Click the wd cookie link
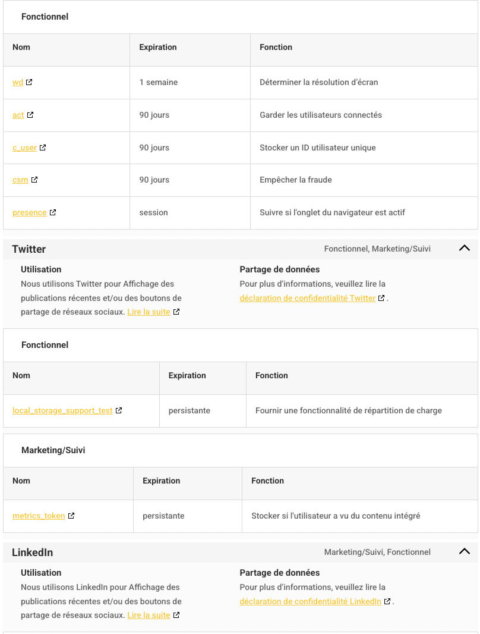pyautogui.click(x=18, y=82)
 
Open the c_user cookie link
pyautogui.click(x=24, y=147)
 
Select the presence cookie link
pyautogui.click(x=29, y=212)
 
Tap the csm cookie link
pyautogui.click(x=20, y=180)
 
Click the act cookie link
pyautogui.click(x=18, y=115)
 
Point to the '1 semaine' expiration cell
pyautogui.click(x=159, y=82)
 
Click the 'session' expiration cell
pyautogui.click(x=153, y=212)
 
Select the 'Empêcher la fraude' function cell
pyautogui.click(x=296, y=180)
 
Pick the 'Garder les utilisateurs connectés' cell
pyautogui.click(x=321, y=115)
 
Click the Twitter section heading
pyautogui.click(x=29, y=249)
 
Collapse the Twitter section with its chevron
pyautogui.click(x=465, y=249)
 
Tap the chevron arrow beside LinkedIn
pyautogui.click(x=465, y=552)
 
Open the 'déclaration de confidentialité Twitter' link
pyautogui.click(x=308, y=298)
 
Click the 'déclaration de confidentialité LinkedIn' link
pyautogui.click(x=311, y=601)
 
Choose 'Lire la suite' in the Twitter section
pyautogui.click(x=149, y=312)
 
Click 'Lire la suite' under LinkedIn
pyautogui.click(x=149, y=615)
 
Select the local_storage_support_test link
pyautogui.click(x=62, y=410)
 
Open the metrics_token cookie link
pyautogui.click(x=39, y=516)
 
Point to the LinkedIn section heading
pyautogui.click(x=32, y=553)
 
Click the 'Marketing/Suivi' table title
pyautogui.click(x=53, y=450)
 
